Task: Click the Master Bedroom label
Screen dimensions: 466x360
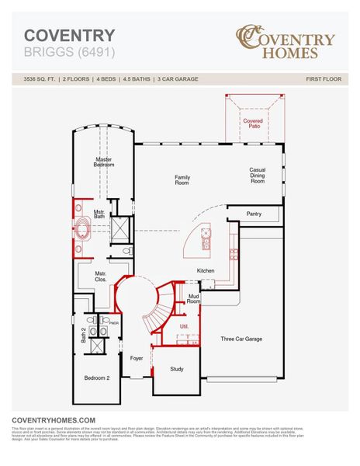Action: click(x=104, y=163)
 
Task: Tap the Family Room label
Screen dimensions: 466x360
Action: click(x=182, y=180)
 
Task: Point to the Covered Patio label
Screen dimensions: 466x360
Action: click(x=252, y=124)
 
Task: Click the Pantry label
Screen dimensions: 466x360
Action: click(x=254, y=214)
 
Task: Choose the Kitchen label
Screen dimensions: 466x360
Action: click(x=206, y=270)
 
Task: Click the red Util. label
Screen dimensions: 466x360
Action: click(x=185, y=326)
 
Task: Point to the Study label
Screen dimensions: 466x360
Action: click(x=177, y=368)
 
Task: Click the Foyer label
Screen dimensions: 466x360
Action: click(x=137, y=358)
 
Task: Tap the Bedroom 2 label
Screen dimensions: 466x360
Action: click(x=97, y=377)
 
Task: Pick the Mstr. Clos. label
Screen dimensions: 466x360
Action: click(x=100, y=276)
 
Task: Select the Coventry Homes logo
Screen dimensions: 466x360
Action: click(x=286, y=43)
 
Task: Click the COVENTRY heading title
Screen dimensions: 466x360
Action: click(x=70, y=36)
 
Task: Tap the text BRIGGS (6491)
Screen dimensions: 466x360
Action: click(x=65, y=53)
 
